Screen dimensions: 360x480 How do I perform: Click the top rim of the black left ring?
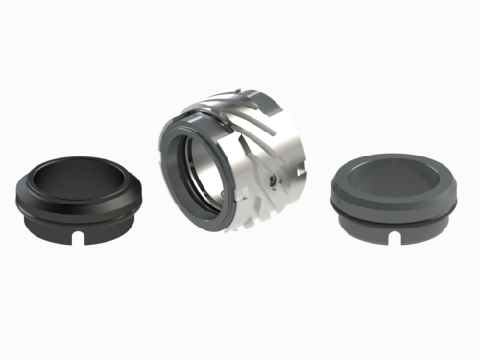click(79, 158)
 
